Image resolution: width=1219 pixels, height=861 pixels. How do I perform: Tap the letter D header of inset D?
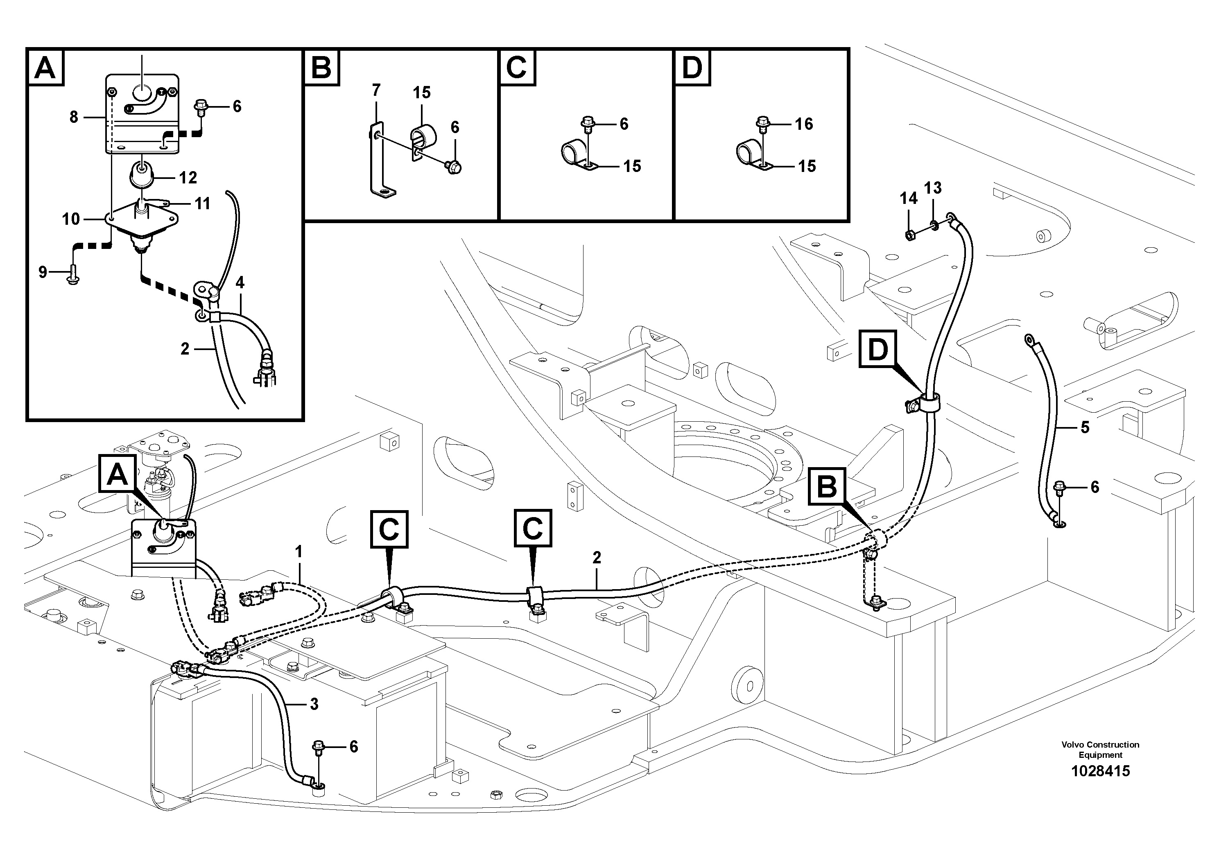[692, 68]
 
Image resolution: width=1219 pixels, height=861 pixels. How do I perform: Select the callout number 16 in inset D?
[804, 124]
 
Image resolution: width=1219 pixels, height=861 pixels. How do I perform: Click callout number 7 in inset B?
[376, 90]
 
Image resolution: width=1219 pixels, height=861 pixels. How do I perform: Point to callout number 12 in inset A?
[188, 177]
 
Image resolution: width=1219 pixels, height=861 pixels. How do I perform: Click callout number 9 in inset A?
[43, 272]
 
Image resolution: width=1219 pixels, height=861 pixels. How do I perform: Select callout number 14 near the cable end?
[908, 199]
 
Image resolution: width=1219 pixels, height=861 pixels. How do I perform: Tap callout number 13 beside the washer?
[932, 188]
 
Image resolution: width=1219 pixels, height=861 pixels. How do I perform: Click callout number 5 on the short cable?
[1085, 427]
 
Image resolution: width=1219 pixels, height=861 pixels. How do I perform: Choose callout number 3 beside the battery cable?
[314, 705]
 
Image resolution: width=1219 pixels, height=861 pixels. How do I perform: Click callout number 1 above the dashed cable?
[299, 551]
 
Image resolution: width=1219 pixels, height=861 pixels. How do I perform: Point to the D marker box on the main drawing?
[877, 349]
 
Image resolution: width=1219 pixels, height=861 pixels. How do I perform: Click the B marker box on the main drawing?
[827, 486]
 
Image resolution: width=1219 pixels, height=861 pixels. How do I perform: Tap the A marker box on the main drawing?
[118, 475]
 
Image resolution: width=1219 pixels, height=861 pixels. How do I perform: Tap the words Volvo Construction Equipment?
[1100, 750]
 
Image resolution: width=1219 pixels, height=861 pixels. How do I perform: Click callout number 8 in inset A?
[74, 117]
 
